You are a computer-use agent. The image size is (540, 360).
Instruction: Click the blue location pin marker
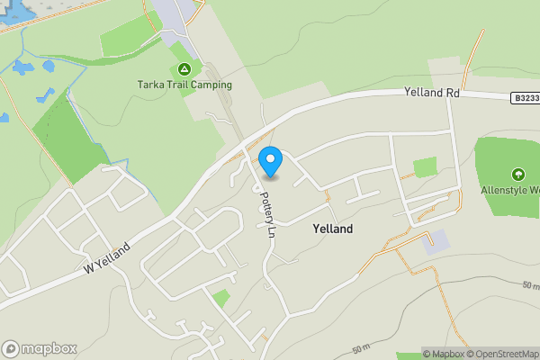271,161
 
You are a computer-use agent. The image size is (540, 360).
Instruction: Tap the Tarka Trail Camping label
184,85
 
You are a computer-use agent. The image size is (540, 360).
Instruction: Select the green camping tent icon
184,69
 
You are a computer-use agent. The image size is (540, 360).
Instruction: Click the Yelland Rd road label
432,92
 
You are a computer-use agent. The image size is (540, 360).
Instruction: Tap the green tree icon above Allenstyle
517,174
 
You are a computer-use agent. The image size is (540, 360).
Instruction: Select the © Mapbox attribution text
444,354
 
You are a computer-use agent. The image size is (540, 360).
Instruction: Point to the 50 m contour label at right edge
530,286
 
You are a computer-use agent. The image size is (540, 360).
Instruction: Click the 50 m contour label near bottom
362,348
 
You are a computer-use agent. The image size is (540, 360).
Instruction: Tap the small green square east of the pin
425,167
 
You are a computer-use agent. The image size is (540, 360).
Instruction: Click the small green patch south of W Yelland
220,298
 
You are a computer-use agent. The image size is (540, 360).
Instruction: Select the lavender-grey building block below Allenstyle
437,240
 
